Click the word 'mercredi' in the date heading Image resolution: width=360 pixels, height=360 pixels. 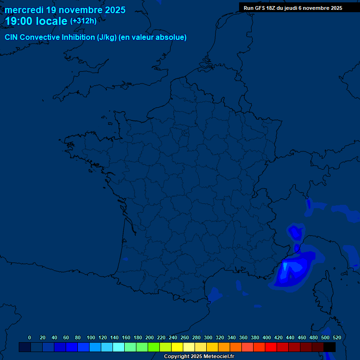tap(24, 10)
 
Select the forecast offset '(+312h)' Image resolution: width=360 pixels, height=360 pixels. tap(83, 21)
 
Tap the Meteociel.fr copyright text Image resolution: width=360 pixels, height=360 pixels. tap(199, 357)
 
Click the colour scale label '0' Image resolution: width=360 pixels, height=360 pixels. tap(30, 337)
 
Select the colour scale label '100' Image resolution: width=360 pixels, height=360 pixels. tap(91, 337)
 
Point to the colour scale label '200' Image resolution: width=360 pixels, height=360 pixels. tap(150, 337)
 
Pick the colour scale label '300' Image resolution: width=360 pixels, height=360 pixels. tap(208, 337)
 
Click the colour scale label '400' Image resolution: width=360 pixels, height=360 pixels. tap(267, 337)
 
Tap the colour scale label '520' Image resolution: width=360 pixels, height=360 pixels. tap(337, 337)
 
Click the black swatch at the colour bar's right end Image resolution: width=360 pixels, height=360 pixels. tap(330, 347)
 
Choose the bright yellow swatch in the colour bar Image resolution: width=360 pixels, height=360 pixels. tap(177, 347)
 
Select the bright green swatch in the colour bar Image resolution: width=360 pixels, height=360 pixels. tap(154, 347)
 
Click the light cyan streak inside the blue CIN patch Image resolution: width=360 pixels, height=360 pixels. tap(285, 268)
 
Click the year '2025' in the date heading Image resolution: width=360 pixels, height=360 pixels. tap(113, 10)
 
